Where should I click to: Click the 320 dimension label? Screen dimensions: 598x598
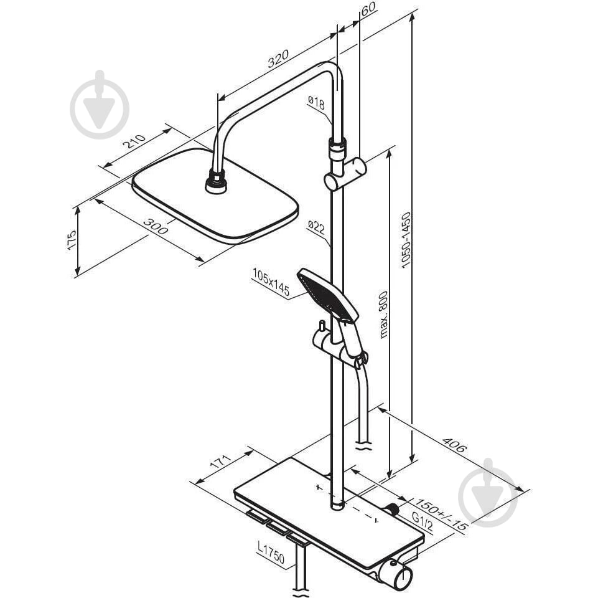[278, 59]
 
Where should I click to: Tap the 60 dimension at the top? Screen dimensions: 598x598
[368, 8]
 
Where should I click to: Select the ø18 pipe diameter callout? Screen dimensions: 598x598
[316, 103]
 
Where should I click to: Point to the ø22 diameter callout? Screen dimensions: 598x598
[316, 227]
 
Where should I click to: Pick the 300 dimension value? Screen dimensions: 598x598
[155, 226]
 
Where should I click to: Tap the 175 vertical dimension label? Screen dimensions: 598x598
[72, 240]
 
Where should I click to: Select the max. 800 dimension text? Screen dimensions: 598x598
[384, 315]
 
